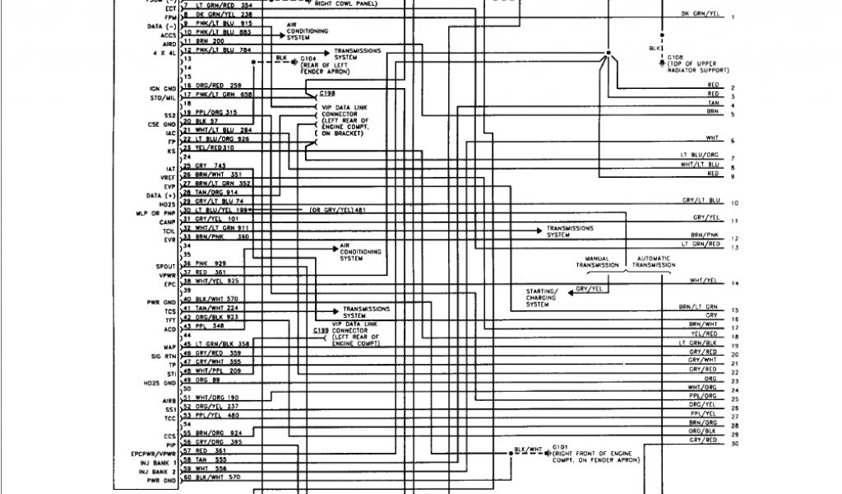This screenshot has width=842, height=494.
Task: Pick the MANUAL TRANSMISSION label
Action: click(597, 262)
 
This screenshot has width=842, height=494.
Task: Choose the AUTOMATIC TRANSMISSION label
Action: click(654, 262)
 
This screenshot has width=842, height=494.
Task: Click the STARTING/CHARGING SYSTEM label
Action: click(542, 298)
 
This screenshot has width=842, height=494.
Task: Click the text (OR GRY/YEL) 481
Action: click(336, 210)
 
